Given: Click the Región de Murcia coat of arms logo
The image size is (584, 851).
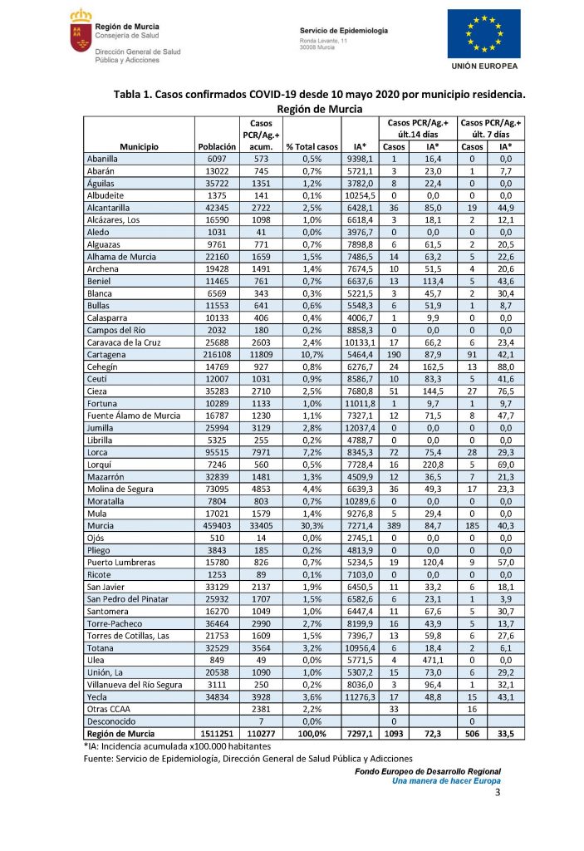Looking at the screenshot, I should coord(80,31).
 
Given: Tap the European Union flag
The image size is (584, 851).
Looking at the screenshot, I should coord(483,33).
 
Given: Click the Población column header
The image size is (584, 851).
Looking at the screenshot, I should coord(218,146).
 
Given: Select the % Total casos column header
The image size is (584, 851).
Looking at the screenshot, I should coord(312,146).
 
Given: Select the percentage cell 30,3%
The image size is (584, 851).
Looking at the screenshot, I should coord(312,525).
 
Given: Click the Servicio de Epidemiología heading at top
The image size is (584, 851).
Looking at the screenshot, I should coord(343,30).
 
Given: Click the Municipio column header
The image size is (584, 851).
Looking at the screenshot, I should coord(139,146).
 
